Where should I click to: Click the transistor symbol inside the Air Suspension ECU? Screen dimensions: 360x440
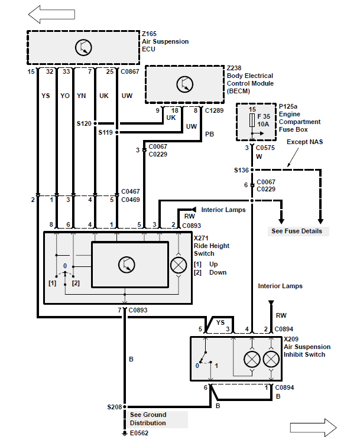pyautogui.click(x=83, y=47)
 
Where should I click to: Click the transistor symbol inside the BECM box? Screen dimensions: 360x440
pyautogui.click(x=185, y=84)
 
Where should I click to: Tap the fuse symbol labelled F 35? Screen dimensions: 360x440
pyautogui.click(x=252, y=120)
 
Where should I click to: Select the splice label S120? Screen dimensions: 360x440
pyautogui.click(x=84, y=123)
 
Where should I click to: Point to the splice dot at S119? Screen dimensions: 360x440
pyautogui.click(x=117, y=132)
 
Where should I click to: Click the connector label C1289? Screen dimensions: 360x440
pyautogui.click(x=214, y=110)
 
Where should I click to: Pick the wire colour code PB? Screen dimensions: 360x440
pyautogui.click(x=209, y=134)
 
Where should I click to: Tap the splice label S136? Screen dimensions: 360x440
pyautogui.click(x=242, y=170)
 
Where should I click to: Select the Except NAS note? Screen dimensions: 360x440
pyautogui.click(x=304, y=142)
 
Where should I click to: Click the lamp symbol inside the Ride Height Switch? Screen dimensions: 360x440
pyautogui.click(x=179, y=265)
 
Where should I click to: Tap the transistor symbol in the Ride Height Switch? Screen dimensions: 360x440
pyautogui.click(x=127, y=265)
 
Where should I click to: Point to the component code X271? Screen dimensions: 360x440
pyautogui.click(x=201, y=238)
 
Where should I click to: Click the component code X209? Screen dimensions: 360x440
pyautogui.click(x=291, y=339)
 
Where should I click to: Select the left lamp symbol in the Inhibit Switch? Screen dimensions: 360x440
pyautogui.click(x=252, y=359)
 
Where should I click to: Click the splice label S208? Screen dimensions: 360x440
pyautogui.click(x=115, y=407)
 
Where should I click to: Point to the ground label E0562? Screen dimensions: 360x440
pyautogui.click(x=139, y=433)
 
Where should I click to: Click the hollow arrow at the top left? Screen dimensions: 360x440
pyautogui.click(x=51, y=14)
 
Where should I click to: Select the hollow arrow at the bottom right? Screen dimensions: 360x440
pyautogui.click(x=313, y=428)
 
